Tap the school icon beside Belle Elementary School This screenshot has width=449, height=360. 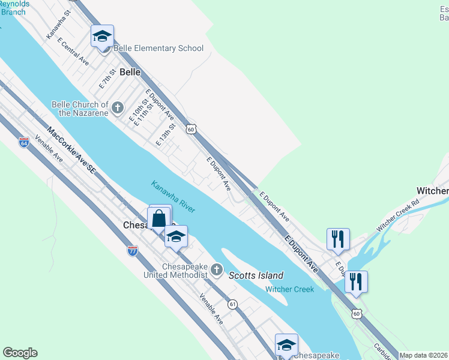102,37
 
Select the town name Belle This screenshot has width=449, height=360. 130,72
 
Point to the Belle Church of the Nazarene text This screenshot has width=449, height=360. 80,108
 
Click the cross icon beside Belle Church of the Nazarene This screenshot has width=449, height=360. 118,108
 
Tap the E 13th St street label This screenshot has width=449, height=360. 165,135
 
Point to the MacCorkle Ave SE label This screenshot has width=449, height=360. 71,151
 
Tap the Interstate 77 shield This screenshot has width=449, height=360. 133,250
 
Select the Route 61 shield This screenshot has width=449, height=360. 232,305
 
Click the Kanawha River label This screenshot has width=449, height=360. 173,196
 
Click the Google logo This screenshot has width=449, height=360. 20,353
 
